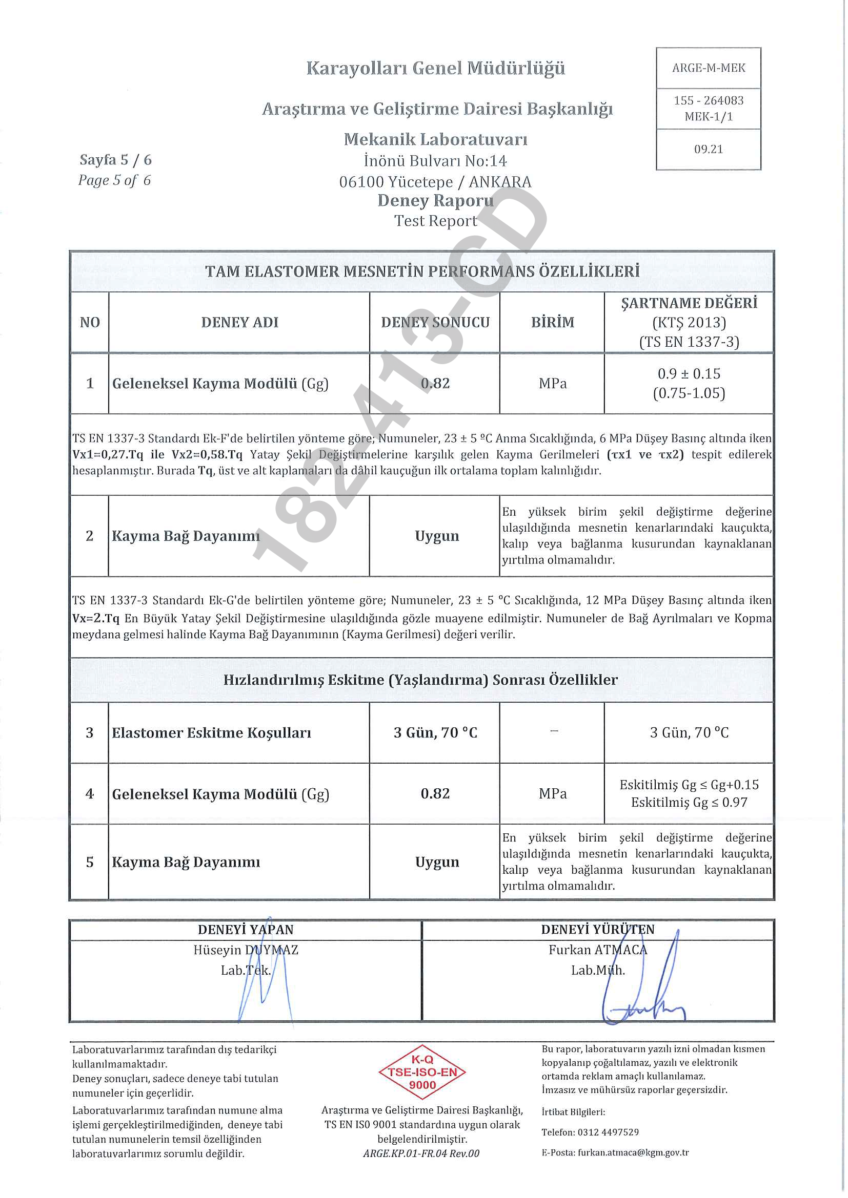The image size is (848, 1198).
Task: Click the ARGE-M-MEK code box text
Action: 708,68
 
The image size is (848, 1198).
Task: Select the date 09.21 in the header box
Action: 708,149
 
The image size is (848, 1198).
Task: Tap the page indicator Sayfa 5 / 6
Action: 115,160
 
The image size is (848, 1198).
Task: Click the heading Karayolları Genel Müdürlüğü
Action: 435,68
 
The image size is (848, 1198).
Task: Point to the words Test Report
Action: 435,221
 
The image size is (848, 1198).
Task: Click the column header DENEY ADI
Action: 239,323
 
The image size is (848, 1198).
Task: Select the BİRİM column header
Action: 553,323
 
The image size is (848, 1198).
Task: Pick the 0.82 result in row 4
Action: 435,793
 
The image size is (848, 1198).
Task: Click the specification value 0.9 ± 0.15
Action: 689,373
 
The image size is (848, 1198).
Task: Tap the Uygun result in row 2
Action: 437,536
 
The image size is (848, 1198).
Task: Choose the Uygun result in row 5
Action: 437,862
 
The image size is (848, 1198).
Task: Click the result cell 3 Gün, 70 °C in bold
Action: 435,732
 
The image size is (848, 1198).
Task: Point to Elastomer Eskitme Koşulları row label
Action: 211,732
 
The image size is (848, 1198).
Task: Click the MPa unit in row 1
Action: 553,384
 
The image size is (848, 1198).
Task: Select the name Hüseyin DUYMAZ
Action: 246,950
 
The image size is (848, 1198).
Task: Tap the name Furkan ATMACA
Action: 597,950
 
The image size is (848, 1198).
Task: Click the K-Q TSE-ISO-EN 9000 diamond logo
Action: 422,1072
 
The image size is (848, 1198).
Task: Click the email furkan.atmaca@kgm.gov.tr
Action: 633,1152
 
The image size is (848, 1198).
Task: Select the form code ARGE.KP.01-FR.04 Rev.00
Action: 421,1153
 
